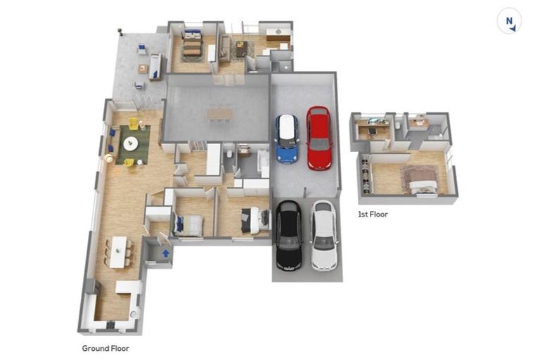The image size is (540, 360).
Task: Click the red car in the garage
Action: point(319,138)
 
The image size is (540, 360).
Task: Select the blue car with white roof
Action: point(286,138)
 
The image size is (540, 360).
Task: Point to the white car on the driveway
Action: point(324,235)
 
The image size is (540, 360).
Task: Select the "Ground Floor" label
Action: point(105,348)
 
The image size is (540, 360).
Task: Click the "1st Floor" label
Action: point(373,214)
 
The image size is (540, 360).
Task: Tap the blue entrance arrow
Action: point(166,252)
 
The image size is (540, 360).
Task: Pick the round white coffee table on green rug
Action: point(131,144)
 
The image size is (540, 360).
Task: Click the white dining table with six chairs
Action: point(118,251)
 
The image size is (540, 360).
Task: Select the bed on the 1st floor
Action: point(420,180)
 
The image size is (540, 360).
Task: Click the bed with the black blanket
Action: point(255,220)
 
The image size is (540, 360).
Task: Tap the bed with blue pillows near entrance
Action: point(189,224)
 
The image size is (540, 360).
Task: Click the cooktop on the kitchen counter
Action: point(110,323)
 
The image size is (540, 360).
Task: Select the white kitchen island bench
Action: point(127,288)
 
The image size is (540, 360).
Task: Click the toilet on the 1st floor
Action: point(398,124)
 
